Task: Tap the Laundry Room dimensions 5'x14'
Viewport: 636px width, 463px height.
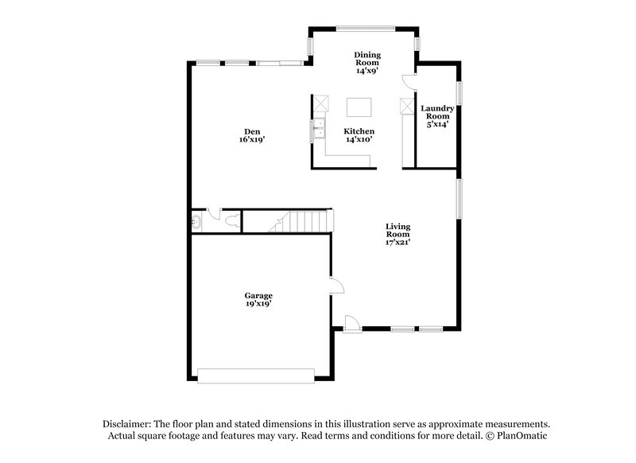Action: (437, 123)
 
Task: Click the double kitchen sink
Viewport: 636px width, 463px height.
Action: (318, 128)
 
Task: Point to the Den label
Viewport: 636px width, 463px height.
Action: (252, 131)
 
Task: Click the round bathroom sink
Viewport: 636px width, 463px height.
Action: (196, 222)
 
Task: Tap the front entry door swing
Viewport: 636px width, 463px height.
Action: (351, 321)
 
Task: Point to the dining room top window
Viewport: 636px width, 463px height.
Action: (364, 29)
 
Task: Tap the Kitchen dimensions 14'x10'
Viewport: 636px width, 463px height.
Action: (359, 139)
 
